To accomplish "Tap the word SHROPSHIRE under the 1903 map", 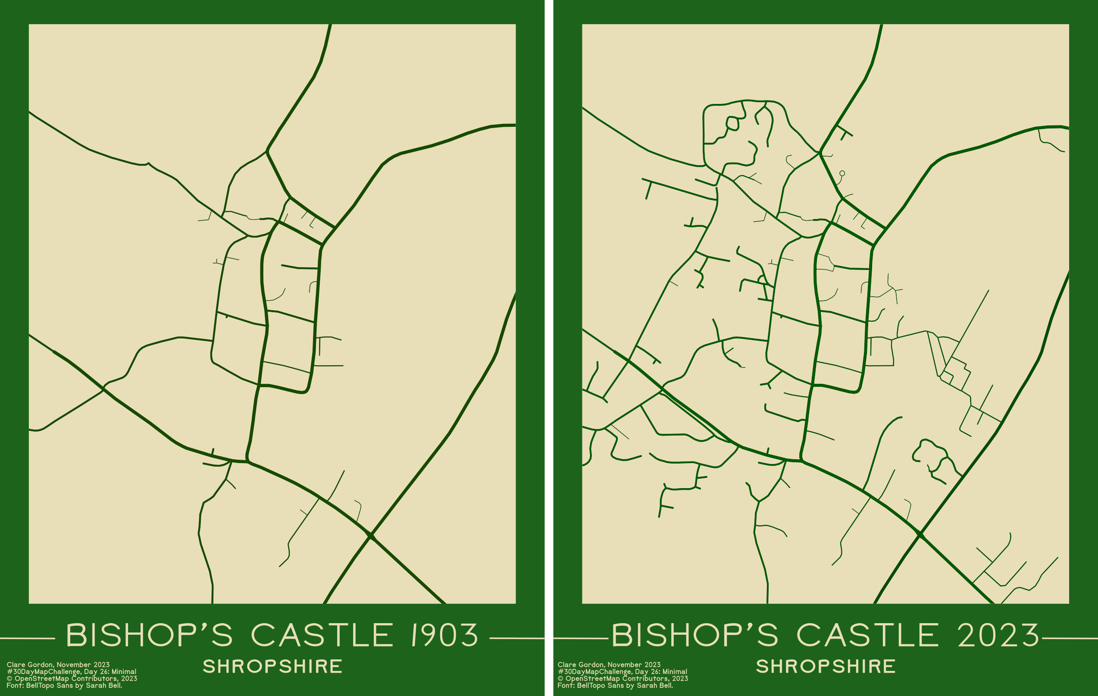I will click(x=272, y=666).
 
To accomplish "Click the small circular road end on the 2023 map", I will click(x=842, y=173).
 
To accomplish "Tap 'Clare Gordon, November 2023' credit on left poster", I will click(x=58, y=665).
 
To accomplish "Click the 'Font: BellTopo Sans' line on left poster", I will click(x=64, y=685).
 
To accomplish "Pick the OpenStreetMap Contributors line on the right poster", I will click(x=623, y=678).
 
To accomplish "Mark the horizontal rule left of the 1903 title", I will click(x=27, y=639).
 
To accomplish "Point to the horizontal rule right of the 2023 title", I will click(x=1070, y=639).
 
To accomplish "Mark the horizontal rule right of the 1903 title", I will click(x=517, y=639).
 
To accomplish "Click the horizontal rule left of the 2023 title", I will click(x=580, y=639).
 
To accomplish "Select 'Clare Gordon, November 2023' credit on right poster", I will click(x=609, y=665).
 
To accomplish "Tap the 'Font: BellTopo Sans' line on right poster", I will click(x=615, y=685).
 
